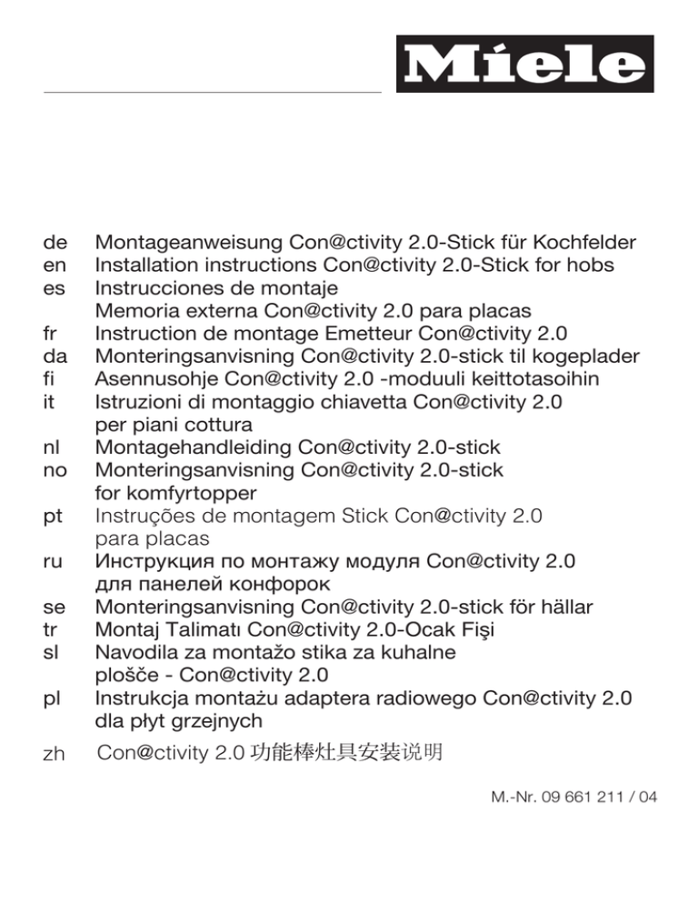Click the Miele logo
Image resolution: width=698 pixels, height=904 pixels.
pos(524,64)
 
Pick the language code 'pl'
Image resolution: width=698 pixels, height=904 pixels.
pos(53,698)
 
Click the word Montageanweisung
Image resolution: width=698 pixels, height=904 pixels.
pos(188,243)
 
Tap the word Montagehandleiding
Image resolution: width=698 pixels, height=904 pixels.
pos(192,447)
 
